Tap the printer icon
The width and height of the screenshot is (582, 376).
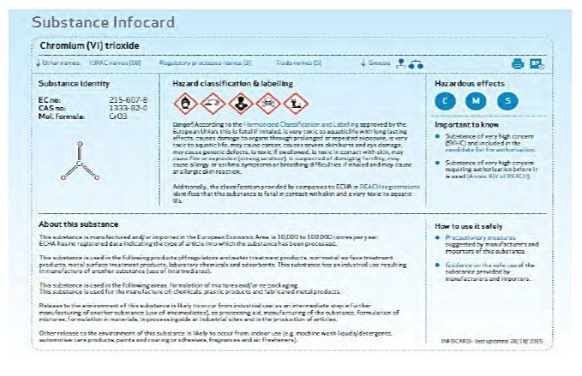click(517, 63)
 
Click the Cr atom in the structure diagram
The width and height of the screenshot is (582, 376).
click(80, 162)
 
